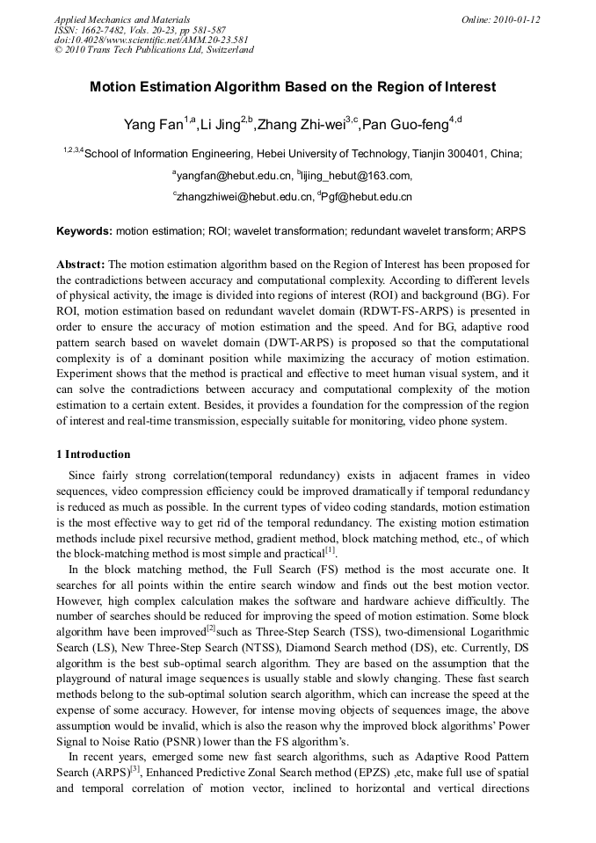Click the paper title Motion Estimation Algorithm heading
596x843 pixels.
click(x=293, y=87)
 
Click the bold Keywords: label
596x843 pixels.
click(x=84, y=232)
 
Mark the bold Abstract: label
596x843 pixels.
click(x=81, y=264)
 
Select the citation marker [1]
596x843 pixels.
click(x=331, y=551)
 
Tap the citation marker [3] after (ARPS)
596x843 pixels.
click(x=135, y=769)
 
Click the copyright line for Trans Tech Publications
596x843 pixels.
click(x=154, y=50)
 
